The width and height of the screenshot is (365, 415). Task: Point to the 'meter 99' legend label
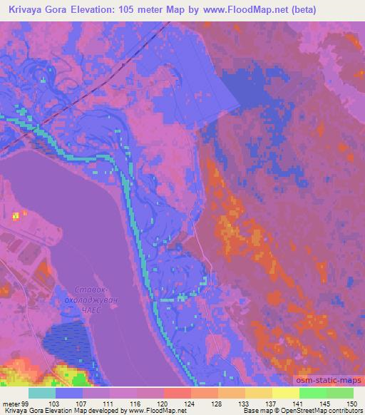(x=14, y=403)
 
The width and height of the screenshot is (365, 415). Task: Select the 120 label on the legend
(x=163, y=403)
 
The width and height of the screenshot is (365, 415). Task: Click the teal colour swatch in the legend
(x=42, y=393)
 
